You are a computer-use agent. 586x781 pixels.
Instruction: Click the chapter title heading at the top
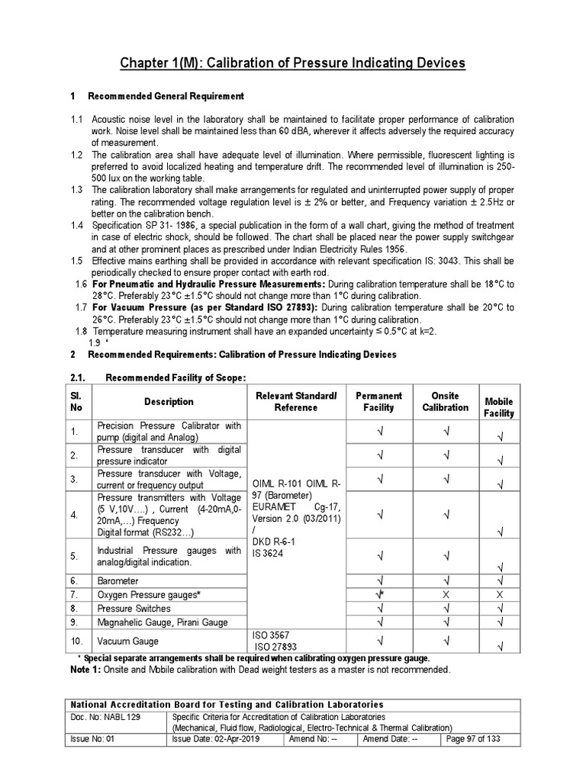(293, 63)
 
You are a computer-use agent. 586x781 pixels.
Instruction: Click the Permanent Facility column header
(378, 401)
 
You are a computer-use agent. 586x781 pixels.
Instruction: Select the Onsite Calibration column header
(446, 401)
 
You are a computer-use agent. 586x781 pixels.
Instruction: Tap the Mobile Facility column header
(499, 407)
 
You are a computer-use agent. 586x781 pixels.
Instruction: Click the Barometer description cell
(118, 580)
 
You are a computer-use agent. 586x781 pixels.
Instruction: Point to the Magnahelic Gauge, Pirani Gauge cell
(163, 622)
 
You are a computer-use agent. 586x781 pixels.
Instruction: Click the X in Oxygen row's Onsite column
(446, 594)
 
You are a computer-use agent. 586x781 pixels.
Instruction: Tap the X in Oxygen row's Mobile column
(499, 594)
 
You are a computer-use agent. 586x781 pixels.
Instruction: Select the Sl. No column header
(76, 401)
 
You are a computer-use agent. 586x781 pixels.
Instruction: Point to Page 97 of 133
(473, 739)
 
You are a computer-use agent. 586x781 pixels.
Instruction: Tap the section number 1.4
(77, 225)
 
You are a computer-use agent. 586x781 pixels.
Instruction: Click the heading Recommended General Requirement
(166, 96)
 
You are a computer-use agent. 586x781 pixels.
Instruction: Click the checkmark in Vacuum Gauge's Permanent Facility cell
(378, 641)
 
